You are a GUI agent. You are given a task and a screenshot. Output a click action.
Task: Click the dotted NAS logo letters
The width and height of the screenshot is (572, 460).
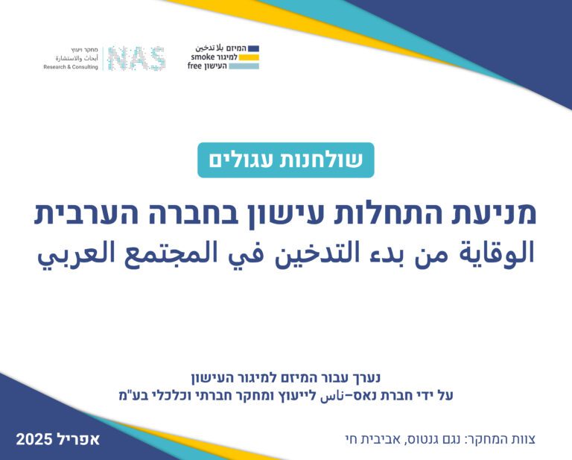[x=137, y=58]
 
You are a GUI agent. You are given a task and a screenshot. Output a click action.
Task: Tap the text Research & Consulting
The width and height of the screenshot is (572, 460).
[x=71, y=67]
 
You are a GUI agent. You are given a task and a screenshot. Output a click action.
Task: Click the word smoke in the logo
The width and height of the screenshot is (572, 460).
[x=203, y=57]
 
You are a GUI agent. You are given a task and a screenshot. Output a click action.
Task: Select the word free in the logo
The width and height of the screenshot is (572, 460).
[x=194, y=66]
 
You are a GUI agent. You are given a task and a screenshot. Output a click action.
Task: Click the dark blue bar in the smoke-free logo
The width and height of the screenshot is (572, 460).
[x=253, y=48]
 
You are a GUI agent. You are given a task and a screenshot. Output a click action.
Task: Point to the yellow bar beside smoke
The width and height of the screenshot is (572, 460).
[x=249, y=57]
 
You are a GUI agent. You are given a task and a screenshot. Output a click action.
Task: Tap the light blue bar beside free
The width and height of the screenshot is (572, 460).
[x=244, y=66]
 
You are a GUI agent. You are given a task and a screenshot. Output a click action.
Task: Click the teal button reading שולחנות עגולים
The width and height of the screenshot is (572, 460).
[x=286, y=160]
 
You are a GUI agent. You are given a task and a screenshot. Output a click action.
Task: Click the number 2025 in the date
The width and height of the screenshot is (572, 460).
[x=34, y=439]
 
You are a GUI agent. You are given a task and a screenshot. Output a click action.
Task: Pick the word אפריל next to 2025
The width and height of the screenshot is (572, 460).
[x=77, y=439]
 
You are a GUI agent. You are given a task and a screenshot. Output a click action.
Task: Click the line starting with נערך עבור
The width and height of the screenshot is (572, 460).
[x=286, y=378]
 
